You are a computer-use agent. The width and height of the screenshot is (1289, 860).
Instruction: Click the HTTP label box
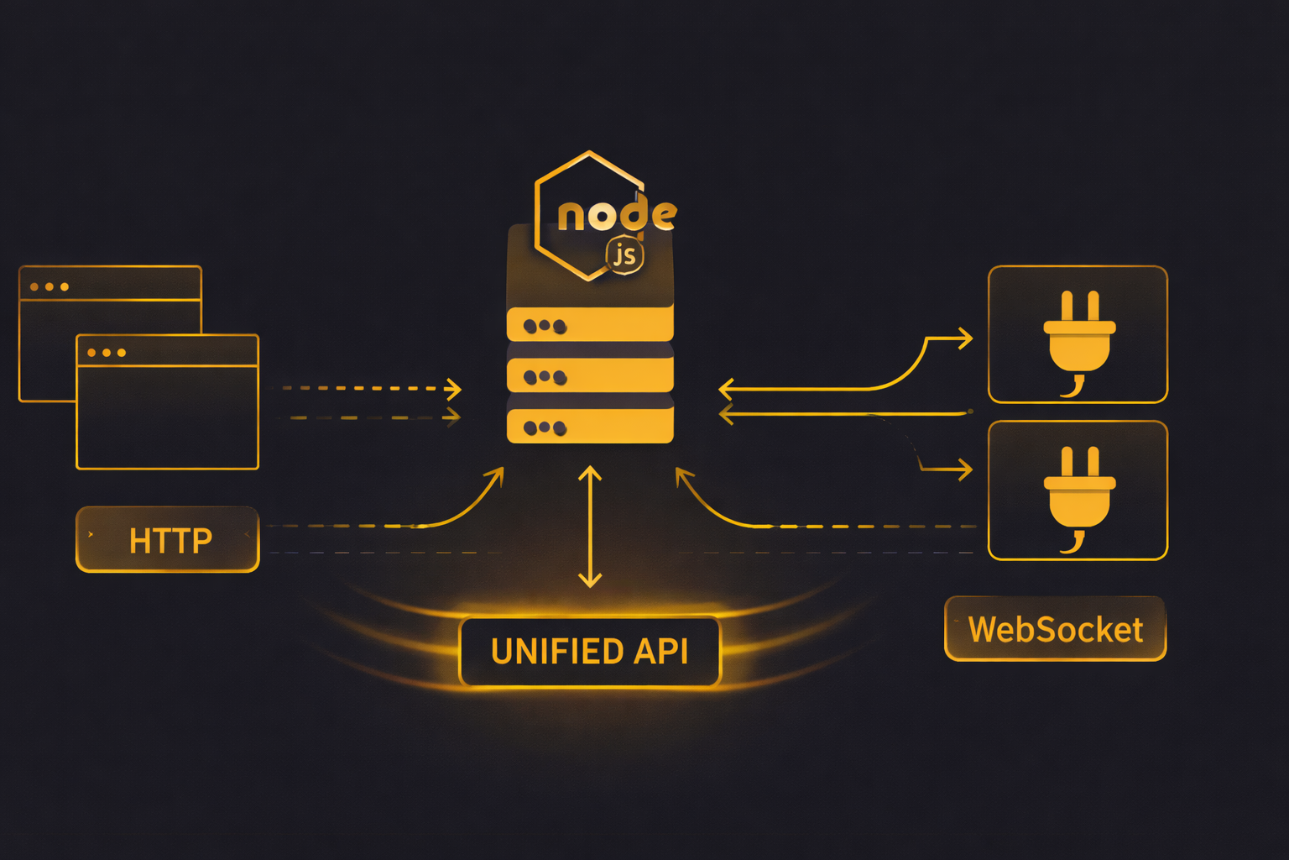[x=168, y=540]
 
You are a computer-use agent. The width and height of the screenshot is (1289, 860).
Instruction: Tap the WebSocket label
[x=1055, y=629]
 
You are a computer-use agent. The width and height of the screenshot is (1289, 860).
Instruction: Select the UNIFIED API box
[x=589, y=652]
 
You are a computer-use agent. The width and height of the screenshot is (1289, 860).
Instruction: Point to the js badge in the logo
[x=625, y=255]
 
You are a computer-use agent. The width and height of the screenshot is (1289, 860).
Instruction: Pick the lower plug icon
[x=1078, y=494]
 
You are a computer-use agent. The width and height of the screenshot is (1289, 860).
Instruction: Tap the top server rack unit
[x=590, y=325]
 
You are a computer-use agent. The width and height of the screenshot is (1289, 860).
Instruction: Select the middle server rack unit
[x=590, y=376]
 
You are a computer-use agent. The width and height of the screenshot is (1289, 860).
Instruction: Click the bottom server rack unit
[x=590, y=427]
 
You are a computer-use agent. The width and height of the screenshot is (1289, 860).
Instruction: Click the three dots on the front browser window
[x=107, y=353]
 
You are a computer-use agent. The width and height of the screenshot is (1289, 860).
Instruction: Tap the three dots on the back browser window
[x=50, y=287]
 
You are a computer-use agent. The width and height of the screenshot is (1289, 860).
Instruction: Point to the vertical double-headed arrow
[x=590, y=527]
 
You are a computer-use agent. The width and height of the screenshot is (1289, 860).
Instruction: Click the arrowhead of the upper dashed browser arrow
[x=455, y=389]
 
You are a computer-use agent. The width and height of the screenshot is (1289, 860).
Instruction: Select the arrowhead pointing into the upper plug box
[x=966, y=338]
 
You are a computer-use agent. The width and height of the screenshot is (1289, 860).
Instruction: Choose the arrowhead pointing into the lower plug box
[x=966, y=469]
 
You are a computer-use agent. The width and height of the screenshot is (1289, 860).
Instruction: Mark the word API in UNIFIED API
[x=660, y=652]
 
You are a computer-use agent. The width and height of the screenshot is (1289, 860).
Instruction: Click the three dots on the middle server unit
[x=545, y=377]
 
